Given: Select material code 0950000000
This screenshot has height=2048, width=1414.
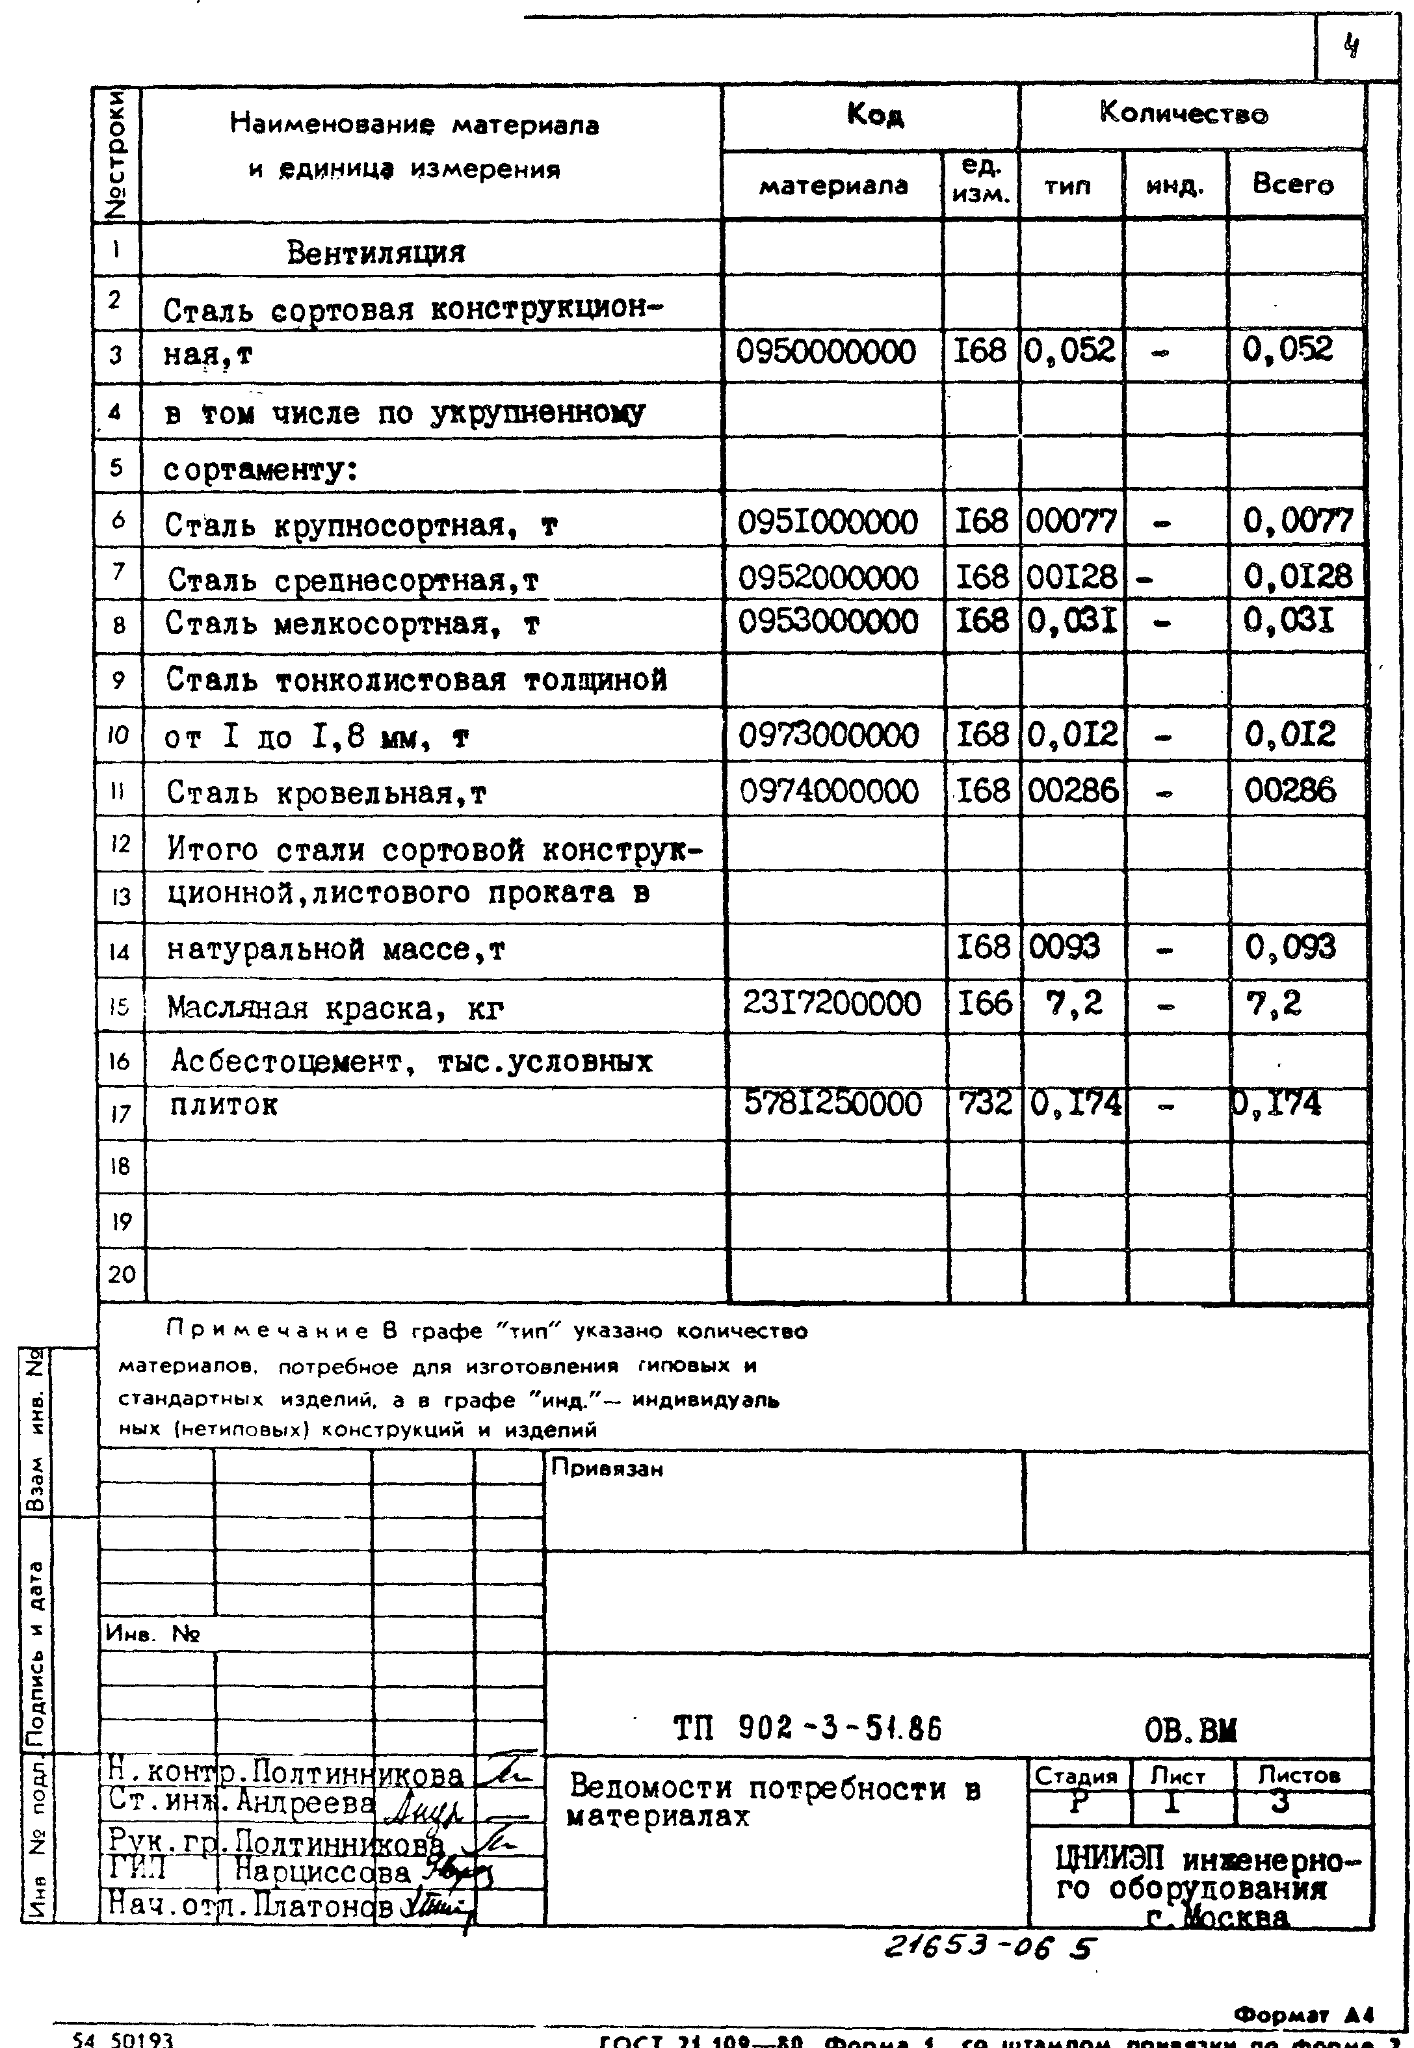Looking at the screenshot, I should point(826,352).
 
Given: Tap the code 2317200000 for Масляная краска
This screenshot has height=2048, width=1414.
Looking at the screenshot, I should point(831,1004).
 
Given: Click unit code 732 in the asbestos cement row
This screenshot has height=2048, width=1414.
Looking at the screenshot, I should point(984,1104).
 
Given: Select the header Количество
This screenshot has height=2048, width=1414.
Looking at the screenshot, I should point(1184,113).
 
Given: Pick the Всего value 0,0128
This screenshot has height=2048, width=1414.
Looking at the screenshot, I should point(1298,577).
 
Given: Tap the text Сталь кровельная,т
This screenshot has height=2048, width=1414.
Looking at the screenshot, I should point(326,793).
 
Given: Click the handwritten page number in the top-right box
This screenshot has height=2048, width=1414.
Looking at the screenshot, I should point(1351,45).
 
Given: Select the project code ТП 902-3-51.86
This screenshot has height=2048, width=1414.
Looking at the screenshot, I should point(807,1728).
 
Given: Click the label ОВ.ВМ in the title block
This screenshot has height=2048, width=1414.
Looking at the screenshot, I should point(1190,1730).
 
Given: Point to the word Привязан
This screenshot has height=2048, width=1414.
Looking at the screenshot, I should point(607,1469).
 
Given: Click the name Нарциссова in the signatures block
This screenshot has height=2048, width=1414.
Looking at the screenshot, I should point(322,1872).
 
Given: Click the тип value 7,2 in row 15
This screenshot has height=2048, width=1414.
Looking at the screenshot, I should point(1074,1004).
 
